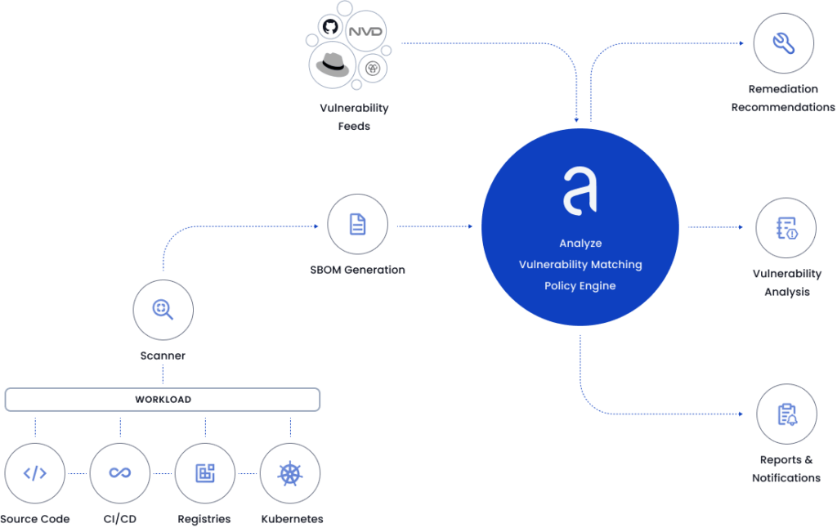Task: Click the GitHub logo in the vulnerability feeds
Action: point(330,27)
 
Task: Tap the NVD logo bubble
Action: point(365,32)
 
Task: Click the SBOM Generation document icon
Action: point(357,224)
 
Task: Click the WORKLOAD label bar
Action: point(163,400)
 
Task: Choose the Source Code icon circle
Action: point(34,472)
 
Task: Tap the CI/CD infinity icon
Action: point(120,472)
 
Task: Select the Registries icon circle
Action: point(205,472)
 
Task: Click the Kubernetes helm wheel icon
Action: point(290,472)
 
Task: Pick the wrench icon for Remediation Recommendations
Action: point(783,43)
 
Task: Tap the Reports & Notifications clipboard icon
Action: point(786,414)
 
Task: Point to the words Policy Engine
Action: point(580,286)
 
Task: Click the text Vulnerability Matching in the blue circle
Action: point(580,265)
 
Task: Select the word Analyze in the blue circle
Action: point(580,244)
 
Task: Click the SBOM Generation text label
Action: point(357,270)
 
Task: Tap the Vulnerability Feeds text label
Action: point(354,117)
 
